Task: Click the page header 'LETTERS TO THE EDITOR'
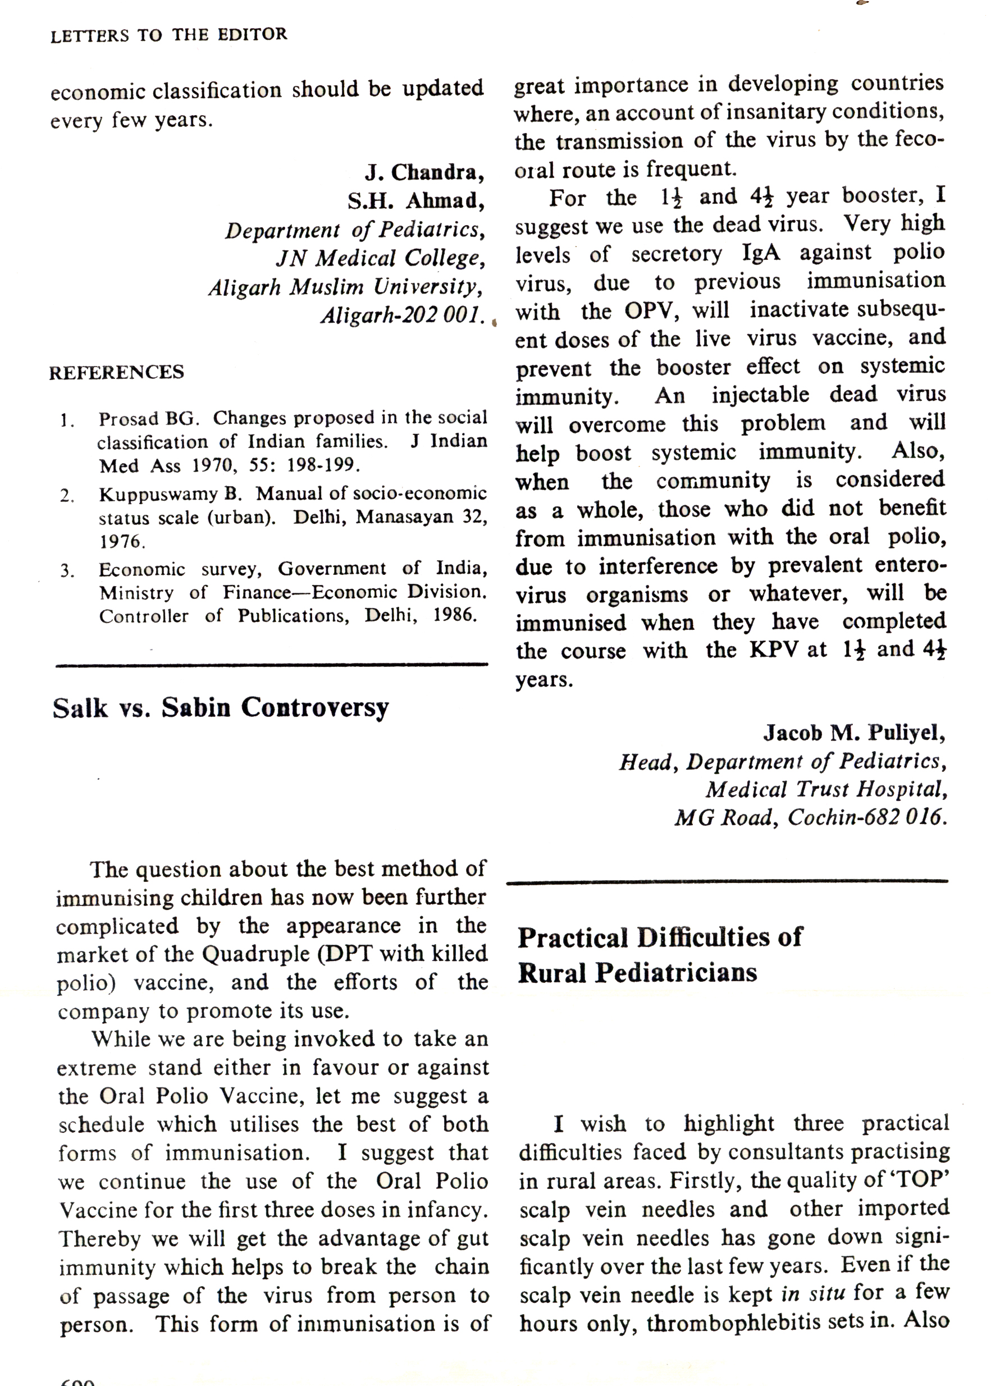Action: (x=168, y=35)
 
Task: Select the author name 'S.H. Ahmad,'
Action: (x=416, y=202)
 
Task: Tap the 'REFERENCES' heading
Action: (x=117, y=373)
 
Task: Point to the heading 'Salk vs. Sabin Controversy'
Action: (x=220, y=708)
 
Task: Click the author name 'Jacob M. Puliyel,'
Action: (x=855, y=733)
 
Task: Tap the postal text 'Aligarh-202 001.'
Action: (x=404, y=315)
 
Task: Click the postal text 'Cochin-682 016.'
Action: (x=867, y=817)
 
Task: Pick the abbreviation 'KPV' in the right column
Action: (x=774, y=650)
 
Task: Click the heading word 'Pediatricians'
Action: (x=676, y=973)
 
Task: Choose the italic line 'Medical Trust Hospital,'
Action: (x=826, y=790)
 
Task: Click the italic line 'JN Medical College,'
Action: (x=381, y=259)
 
